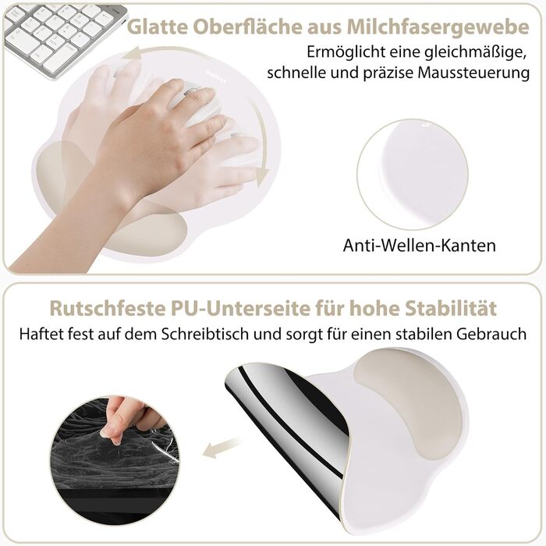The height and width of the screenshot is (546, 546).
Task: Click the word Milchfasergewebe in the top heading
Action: click(x=438, y=27)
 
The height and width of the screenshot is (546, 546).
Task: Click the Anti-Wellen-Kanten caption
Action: click(x=420, y=246)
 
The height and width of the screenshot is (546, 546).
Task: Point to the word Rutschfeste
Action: click(x=108, y=308)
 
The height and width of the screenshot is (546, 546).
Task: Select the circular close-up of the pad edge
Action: click(x=413, y=175)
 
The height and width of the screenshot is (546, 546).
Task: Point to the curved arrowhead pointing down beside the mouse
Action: click(x=262, y=175)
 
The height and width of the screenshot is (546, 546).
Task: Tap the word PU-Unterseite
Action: click(x=240, y=308)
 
